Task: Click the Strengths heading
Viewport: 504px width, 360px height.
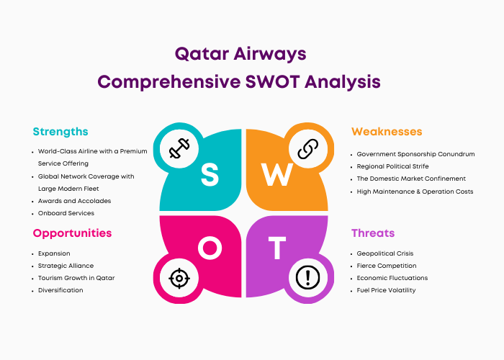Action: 60,132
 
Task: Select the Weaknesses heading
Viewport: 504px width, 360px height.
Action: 387,132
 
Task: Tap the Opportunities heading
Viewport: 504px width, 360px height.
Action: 72,233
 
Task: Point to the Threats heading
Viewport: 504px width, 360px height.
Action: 373,233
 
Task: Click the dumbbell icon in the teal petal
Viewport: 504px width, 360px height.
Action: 179,148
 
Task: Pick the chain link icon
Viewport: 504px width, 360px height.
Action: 307,149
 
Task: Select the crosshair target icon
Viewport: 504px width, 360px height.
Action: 179,278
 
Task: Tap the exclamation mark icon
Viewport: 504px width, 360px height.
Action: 307,278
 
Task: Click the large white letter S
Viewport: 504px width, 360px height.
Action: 210,174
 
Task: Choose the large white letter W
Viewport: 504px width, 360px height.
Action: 277,174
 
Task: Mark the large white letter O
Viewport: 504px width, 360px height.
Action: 210,248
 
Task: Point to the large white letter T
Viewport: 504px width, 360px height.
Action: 277,248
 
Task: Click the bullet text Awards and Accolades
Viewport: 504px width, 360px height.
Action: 75,201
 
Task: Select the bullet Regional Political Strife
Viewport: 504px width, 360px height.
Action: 393,166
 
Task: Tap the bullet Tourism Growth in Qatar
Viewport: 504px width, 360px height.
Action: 76,278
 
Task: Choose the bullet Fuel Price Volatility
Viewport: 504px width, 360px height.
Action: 386,290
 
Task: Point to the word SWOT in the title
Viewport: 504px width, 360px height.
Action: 272,81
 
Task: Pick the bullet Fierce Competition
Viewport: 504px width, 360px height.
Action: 387,266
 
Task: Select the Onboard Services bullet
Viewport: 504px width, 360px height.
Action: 66,213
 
